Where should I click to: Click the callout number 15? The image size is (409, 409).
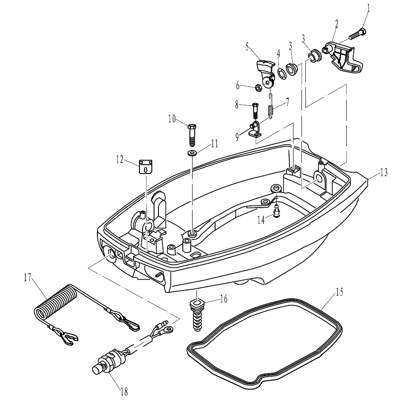339,293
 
